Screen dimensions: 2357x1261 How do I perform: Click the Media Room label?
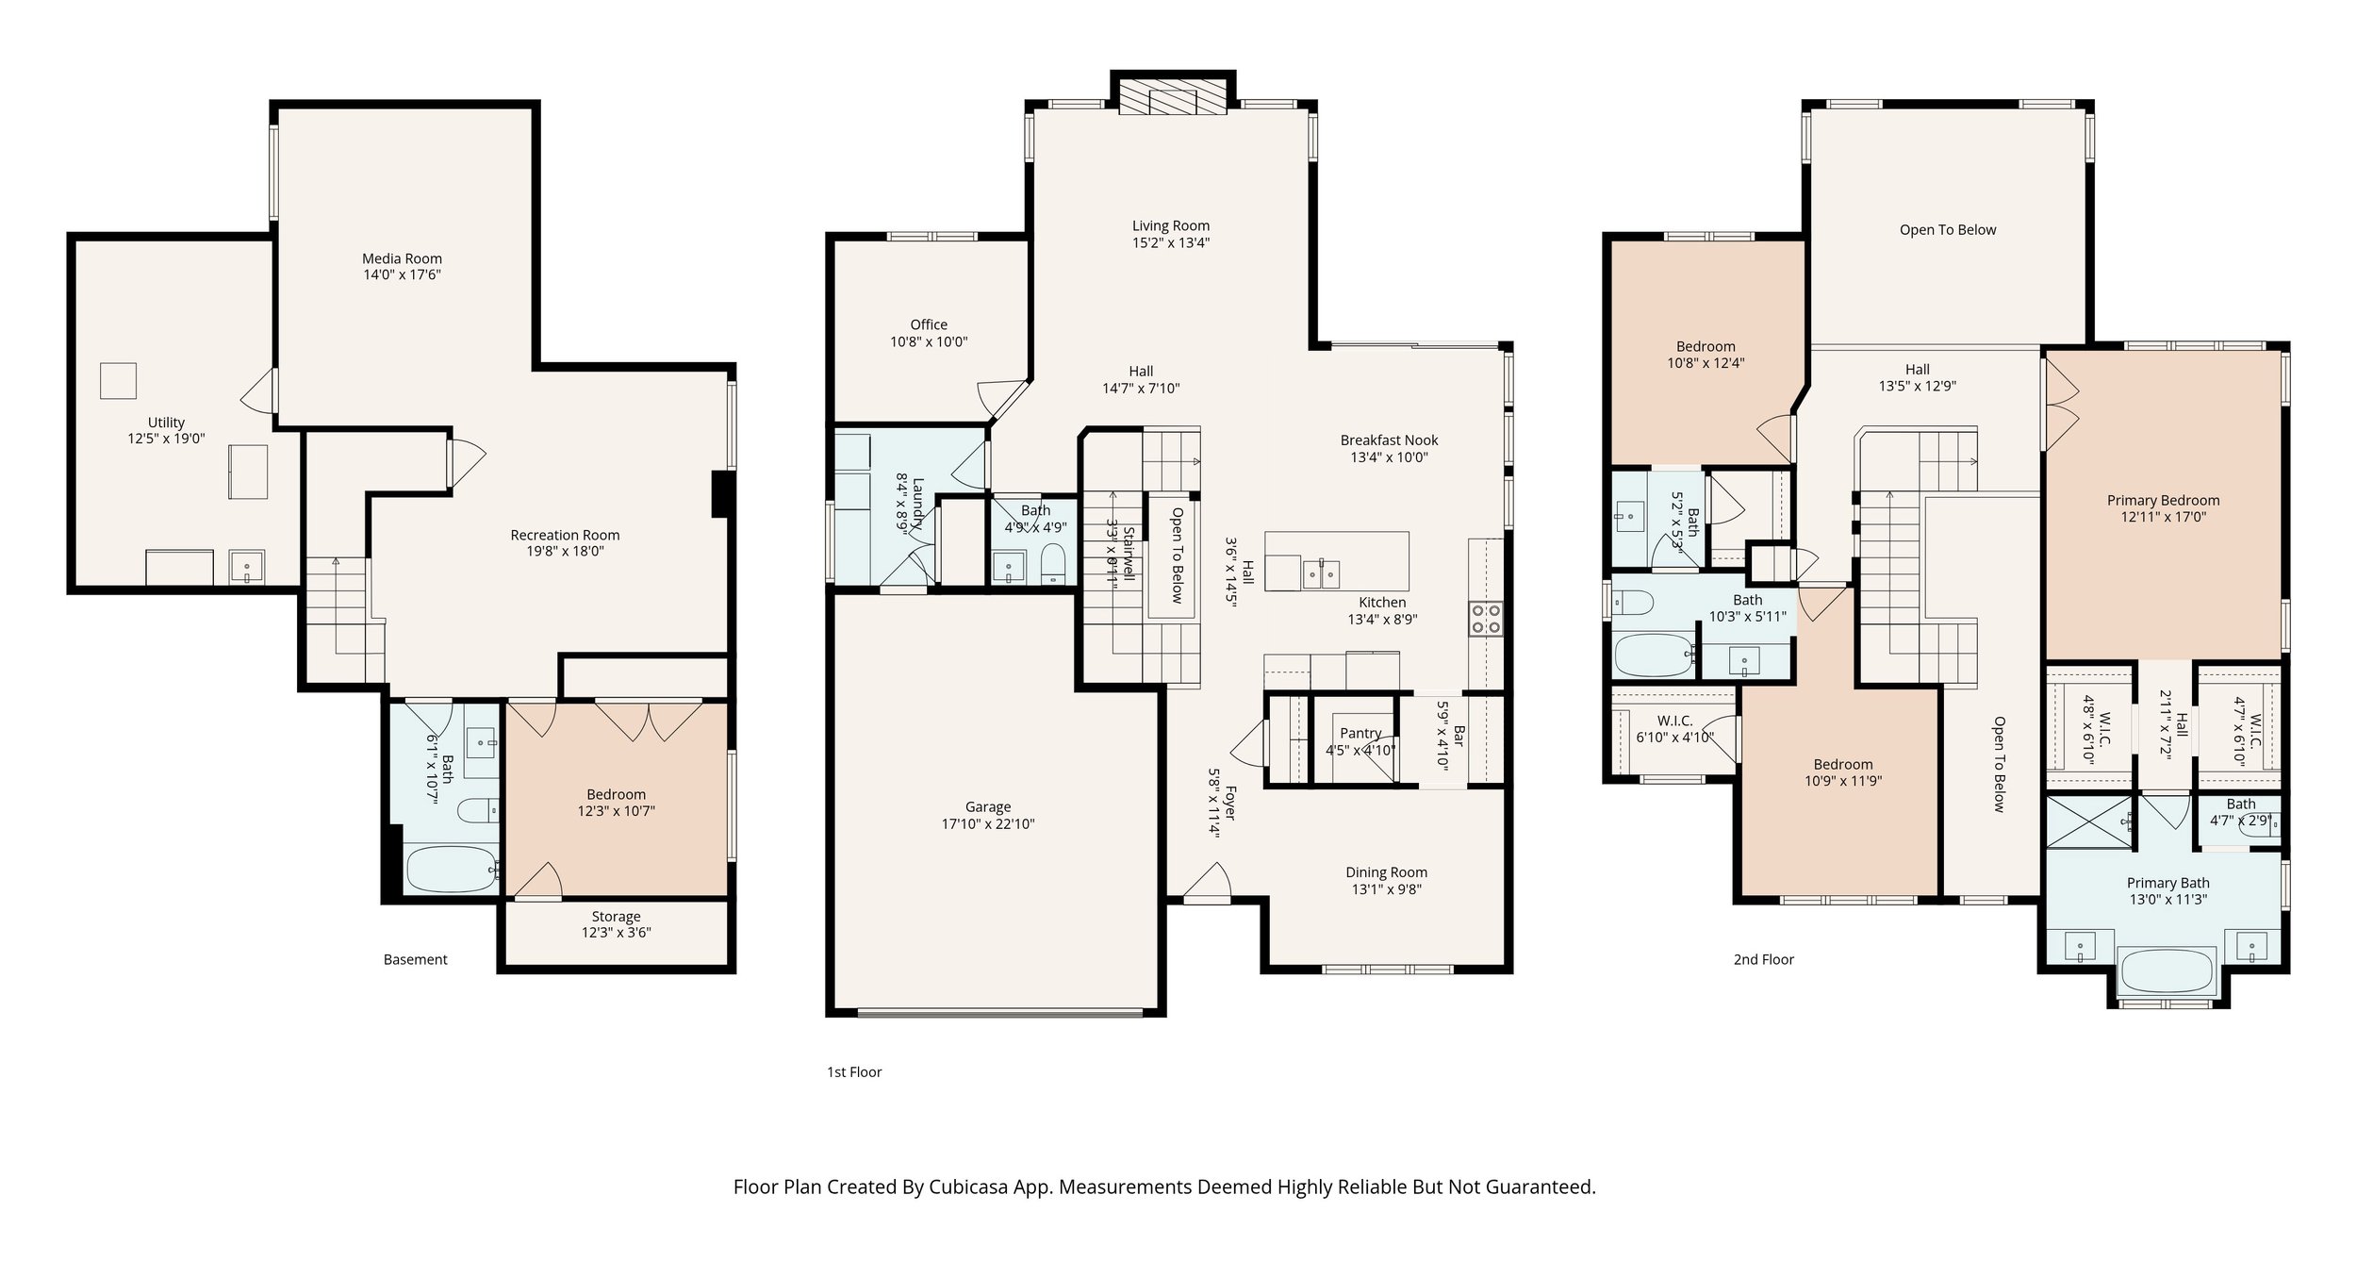[402, 258]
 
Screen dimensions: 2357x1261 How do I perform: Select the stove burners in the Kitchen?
[1485, 619]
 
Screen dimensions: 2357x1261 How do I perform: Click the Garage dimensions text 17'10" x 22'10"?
[988, 823]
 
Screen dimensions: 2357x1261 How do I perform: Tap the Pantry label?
[1360, 733]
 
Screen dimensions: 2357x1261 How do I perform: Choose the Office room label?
[929, 324]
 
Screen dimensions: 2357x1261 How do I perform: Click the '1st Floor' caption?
[854, 1071]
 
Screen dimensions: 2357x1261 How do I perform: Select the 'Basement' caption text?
[416, 959]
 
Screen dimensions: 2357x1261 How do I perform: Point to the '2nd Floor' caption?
[1764, 959]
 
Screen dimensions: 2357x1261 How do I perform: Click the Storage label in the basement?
[616, 916]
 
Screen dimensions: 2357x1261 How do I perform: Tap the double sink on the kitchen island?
[1321, 572]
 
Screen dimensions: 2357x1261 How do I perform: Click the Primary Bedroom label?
[2164, 500]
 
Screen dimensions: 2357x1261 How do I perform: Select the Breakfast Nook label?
[1390, 440]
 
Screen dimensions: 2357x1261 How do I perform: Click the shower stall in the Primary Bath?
[2087, 821]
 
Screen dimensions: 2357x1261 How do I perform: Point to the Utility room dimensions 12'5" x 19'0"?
[166, 439]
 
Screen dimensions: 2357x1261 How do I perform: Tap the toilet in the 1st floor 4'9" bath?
[1053, 565]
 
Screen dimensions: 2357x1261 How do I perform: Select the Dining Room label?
[1386, 872]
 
